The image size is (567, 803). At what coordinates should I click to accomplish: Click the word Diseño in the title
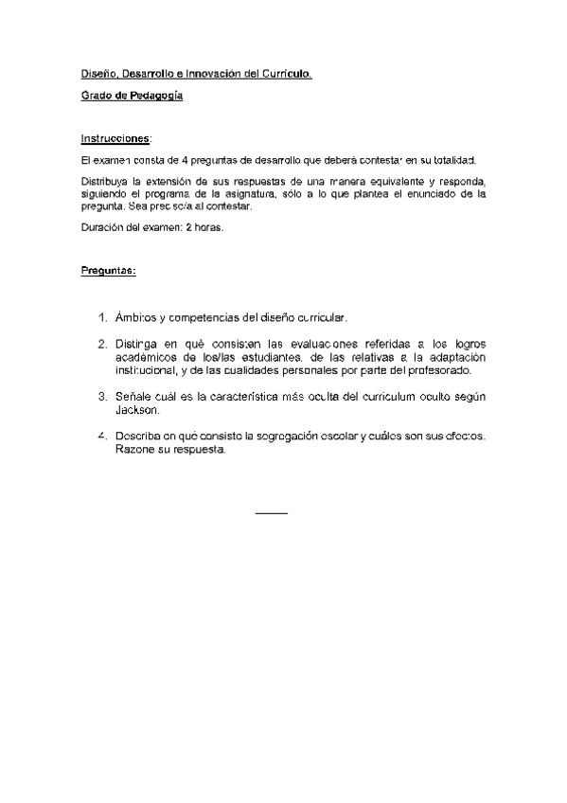coord(95,74)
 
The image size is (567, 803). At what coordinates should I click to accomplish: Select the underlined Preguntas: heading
coord(108,271)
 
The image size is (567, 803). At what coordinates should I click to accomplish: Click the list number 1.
coord(103,318)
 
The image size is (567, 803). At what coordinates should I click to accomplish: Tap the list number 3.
coord(103,398)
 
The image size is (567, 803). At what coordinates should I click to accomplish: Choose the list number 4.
coord(103,437)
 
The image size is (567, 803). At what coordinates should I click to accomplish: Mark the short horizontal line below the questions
coord(272,513)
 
